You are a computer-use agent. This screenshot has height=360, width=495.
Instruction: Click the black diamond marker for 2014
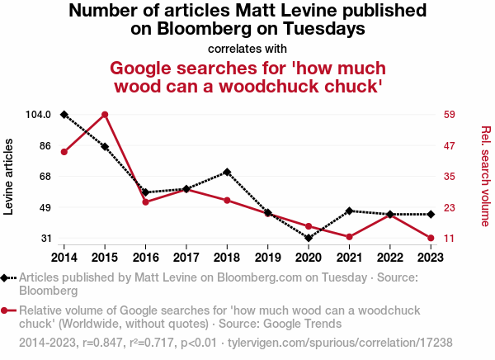(64, 114)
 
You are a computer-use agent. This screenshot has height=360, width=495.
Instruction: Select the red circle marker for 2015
(105, 114)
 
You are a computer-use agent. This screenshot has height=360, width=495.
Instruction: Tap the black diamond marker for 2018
(226, 172)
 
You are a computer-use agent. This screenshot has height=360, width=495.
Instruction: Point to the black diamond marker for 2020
(308, 238)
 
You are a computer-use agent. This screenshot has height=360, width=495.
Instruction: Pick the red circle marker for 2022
(389, 215)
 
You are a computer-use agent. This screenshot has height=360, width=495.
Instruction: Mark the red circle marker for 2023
(430, 238)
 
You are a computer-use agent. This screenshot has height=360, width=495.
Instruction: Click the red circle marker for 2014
(64, 152)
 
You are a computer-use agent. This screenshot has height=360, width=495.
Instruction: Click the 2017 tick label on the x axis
(186, 257)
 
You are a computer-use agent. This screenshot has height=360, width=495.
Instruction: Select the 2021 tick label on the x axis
(348, 257)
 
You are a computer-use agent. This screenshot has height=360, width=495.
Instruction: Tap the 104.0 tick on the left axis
(38, 115)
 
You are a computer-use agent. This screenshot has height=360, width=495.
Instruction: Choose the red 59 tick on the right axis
(450, 115)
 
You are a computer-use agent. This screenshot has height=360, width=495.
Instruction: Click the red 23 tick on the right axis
(450, 207)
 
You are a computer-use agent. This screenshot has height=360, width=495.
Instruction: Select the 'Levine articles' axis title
(9, 177)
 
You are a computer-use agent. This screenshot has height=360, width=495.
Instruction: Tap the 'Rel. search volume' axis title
(485, 176)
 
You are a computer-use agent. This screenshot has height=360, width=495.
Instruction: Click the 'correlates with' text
(247, 49)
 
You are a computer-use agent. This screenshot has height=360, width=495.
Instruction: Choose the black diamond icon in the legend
(7, 278)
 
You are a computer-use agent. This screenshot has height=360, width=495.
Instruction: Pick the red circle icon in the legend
(7, 310)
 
